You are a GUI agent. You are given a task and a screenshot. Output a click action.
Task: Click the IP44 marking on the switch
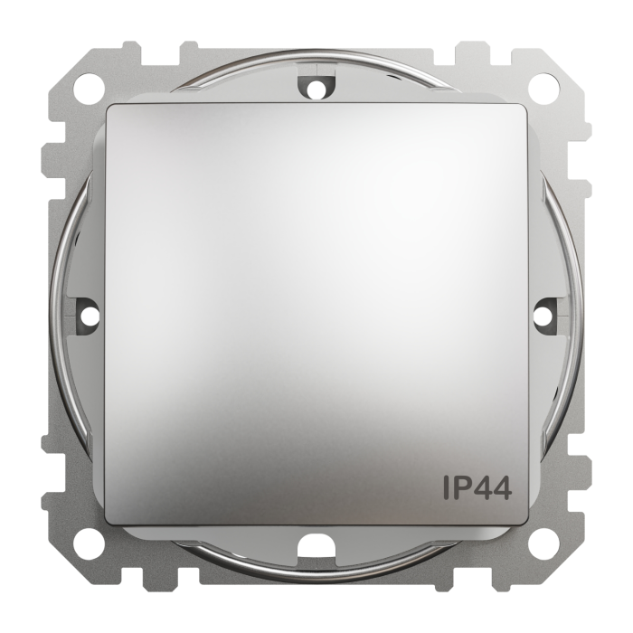[477, 487]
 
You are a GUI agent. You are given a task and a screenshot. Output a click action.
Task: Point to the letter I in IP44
[447, 487]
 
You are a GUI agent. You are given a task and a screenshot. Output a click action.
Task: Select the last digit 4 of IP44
[501, 487]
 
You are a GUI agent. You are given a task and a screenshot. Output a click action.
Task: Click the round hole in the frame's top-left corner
[89, 89]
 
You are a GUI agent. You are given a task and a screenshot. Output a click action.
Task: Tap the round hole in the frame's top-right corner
[544, 89]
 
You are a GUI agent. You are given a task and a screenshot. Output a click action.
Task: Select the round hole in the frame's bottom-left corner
[89, 544]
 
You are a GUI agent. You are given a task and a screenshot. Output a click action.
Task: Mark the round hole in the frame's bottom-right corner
[544, 544]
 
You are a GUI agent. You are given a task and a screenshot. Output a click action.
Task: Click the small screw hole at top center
[316, 89]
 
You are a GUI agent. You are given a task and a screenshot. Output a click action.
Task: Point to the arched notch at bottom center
[316, 543]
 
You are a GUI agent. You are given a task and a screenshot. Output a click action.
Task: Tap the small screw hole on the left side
[89, 316]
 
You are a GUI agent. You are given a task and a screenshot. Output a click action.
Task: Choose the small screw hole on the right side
[543, 316]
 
